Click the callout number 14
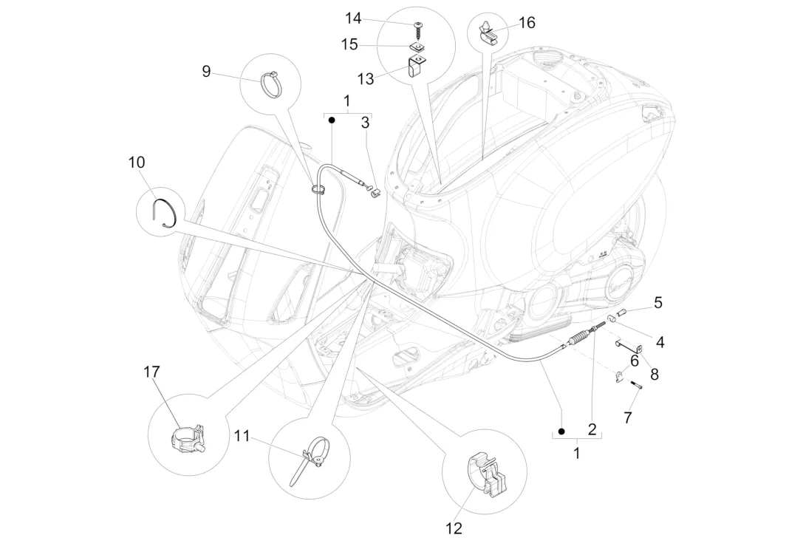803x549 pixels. (x=353, y=18)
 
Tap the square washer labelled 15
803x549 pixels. (x=418, y=47)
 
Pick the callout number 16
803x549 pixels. (x=527, y=23)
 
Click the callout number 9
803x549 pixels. (x=206, y=71)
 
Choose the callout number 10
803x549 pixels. (x=136, y=163)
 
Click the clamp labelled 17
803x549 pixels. (x=187, y=438)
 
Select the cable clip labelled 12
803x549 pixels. (x=487, y=475)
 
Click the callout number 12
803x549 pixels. (x=454, y=528)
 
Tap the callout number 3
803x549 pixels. (x=365, y=123)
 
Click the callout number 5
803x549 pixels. (x=657, y=303)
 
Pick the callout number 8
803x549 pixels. (x=654, y=375)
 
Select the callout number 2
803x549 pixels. (x=592, y=429)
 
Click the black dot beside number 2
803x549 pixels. (x=561, y=432)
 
